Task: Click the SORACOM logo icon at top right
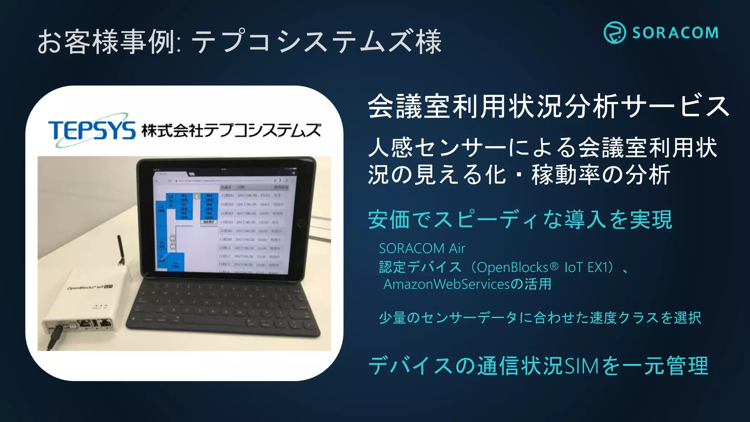615,33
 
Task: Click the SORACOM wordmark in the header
675,33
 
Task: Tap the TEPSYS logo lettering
92,130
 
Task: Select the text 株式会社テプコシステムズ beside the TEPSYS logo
231,131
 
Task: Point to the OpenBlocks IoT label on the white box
90,287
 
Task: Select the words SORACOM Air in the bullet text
422,249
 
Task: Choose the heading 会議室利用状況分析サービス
548,107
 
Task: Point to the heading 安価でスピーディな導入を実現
520,220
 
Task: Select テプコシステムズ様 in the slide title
317,41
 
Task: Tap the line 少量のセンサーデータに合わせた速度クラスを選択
540,318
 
